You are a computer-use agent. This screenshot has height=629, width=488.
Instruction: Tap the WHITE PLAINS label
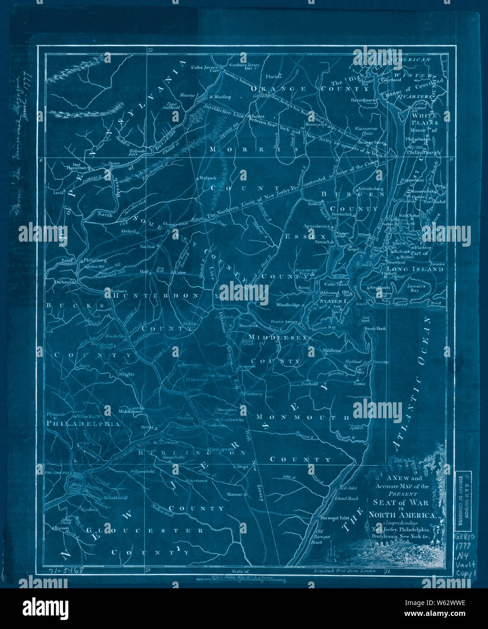pos(425,119)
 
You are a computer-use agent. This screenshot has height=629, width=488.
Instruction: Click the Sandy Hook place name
pos(375,328)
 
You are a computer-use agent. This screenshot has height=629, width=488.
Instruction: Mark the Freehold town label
pos(310,384)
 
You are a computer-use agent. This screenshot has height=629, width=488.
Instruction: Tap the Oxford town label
pos(129,231)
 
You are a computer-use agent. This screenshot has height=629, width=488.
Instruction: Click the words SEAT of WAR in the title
pos(400,502)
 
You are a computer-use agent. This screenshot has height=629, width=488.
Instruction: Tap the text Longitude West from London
pos(345,571)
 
